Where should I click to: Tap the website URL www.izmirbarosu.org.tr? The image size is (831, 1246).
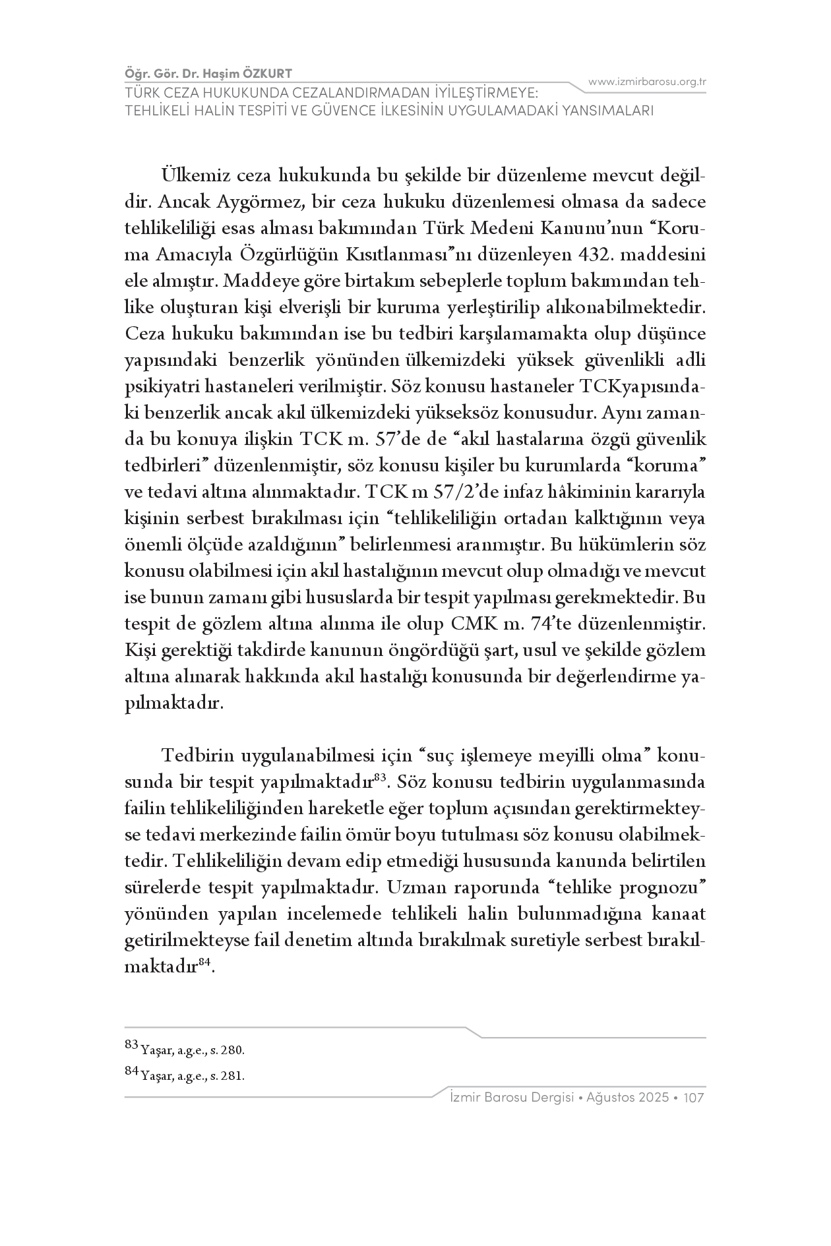tap(647, 82)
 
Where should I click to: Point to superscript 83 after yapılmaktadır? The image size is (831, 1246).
tap(379, 778)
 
